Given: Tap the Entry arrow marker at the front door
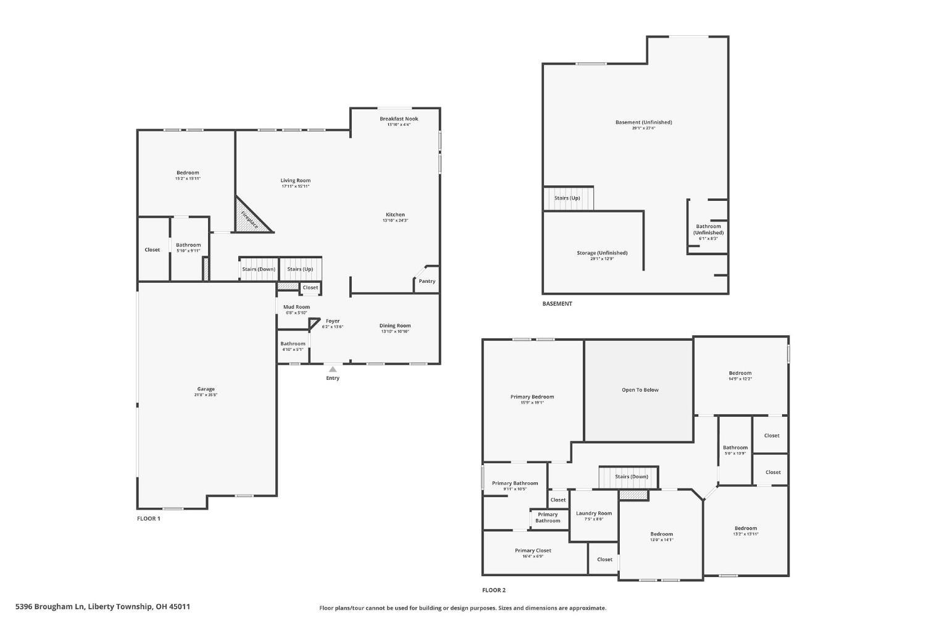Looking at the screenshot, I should click(332, 369).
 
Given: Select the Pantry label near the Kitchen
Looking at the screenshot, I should click(427, 281).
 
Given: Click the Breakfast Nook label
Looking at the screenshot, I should click(398, 119).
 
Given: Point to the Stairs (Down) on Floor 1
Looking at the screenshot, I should click(258, 269).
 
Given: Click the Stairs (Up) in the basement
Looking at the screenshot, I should click(567, 198).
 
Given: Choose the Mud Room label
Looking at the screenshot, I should click(296, 307).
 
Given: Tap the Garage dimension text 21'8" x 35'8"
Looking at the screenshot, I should click(206, 395).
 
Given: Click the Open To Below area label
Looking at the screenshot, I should click(640, 390).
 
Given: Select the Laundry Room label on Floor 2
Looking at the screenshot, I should click(593, 513).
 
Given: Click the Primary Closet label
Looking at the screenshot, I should click(533, 550).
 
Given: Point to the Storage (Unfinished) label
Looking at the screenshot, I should click(602, 253).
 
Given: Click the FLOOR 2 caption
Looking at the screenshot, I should click(494, 590).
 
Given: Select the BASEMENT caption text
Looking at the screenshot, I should click(557, 303).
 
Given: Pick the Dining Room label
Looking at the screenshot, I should click(394, 325).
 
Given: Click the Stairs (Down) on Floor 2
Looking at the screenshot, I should click(631, 476).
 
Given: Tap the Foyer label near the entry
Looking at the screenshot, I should click(332, 321).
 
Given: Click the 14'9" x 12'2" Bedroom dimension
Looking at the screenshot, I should click(740, 379).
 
